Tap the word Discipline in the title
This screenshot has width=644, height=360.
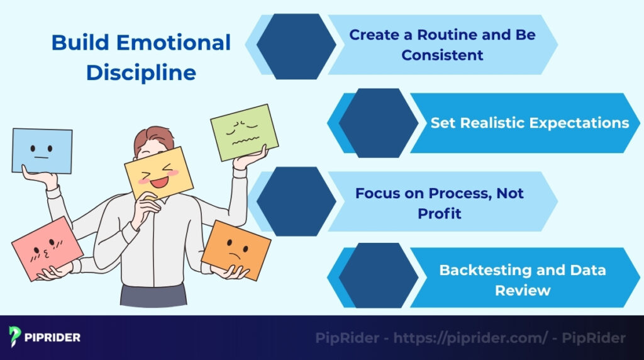click(141, 72)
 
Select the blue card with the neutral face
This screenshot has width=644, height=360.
click(42, 150)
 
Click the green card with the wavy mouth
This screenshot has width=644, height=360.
click(245, 132)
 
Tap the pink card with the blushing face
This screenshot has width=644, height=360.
click(47, 248)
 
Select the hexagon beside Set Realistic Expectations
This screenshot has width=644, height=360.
click(378, 123)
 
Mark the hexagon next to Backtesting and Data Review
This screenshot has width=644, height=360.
click(378, 279)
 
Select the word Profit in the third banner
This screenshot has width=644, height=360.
click(439, 213)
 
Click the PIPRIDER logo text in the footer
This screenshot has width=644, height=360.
click(53, 337)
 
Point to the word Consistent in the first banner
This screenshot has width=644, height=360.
click(442, 55)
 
